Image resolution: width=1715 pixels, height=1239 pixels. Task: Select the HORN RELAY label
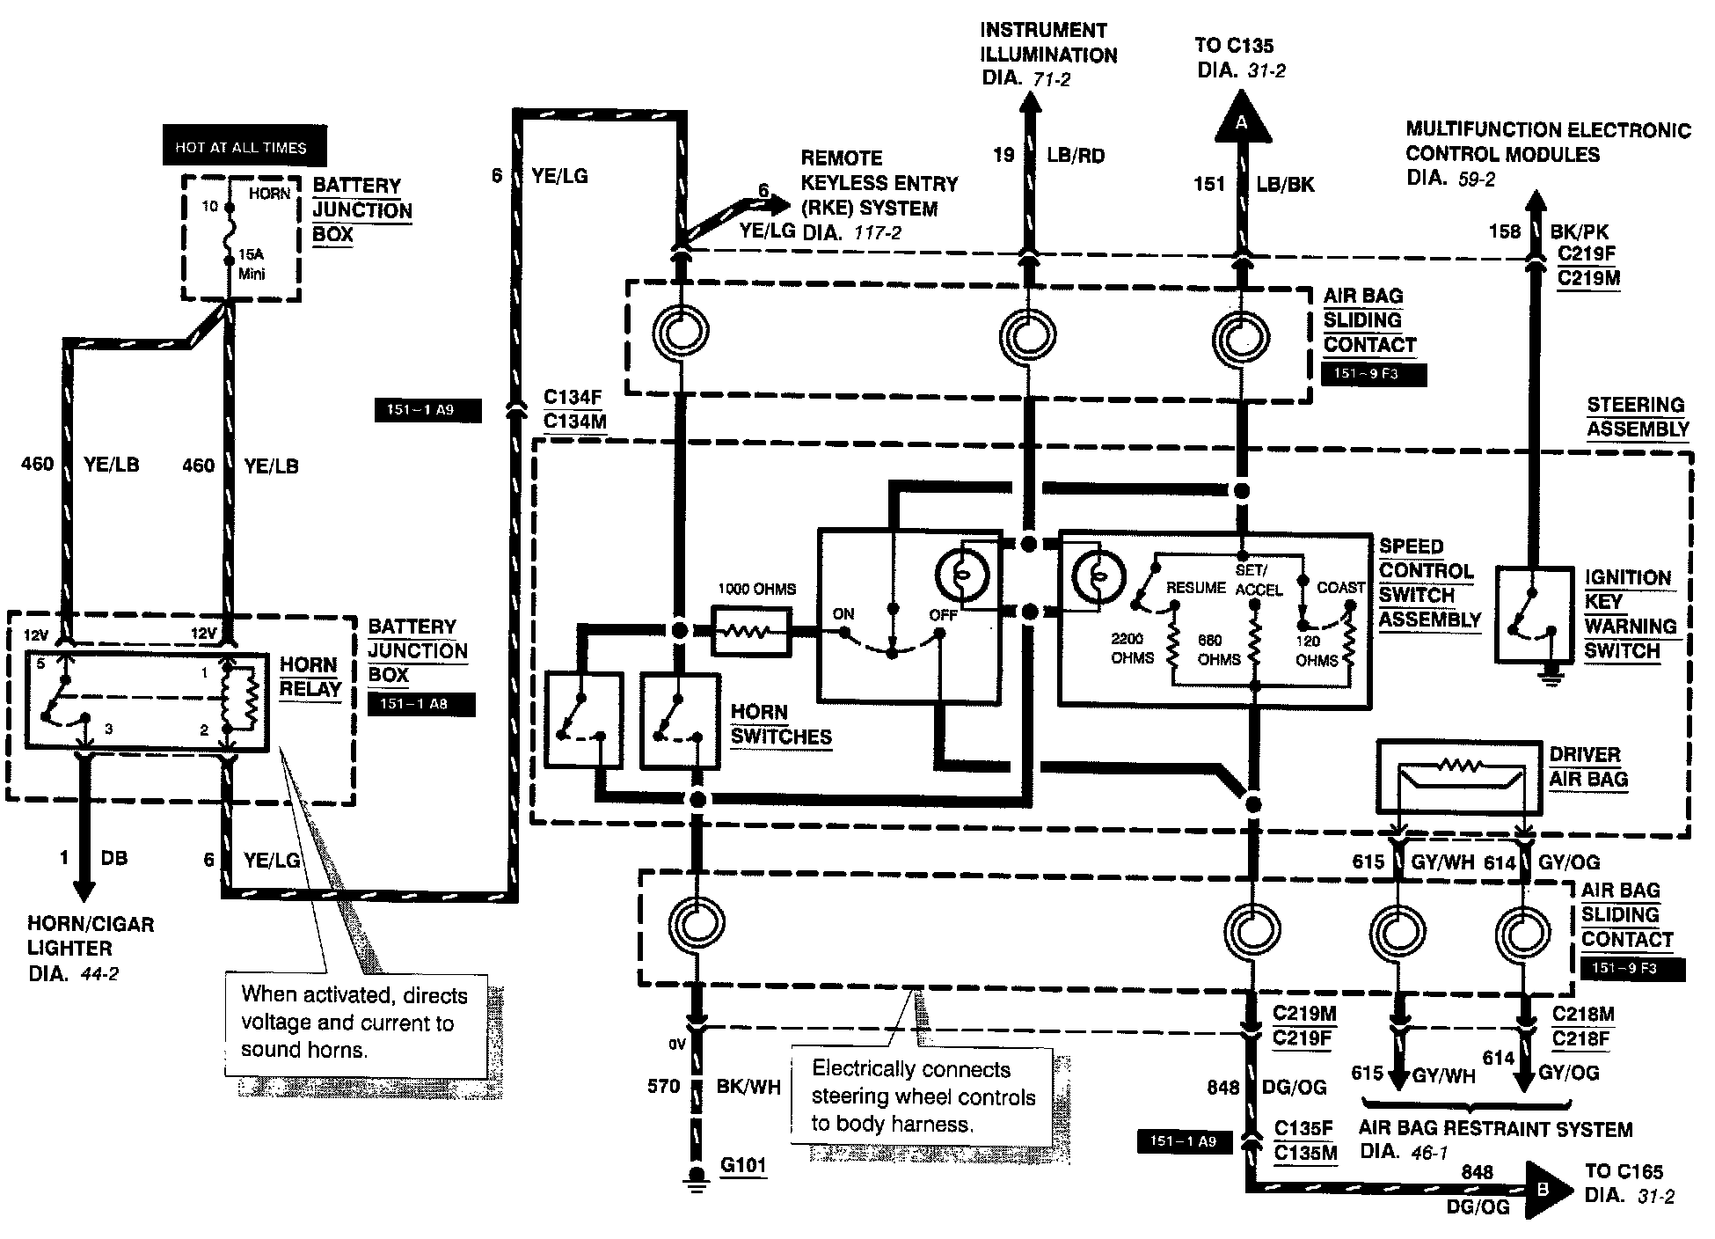[x=310, y=677]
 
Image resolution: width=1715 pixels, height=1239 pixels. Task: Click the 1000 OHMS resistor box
[x=750, y=631]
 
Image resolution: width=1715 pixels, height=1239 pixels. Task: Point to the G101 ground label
[x=743, y=1166]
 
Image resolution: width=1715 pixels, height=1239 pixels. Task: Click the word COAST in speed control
[x=1340, y=587]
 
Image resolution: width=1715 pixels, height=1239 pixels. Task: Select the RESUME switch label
[x=1195, y=587]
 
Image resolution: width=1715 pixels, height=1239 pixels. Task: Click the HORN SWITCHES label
[x=780, y=724]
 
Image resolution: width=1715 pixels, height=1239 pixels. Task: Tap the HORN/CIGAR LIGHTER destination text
[x=90, y=949]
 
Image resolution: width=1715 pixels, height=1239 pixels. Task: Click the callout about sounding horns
[x=355, y=1023]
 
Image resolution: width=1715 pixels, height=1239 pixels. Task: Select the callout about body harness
[x=922, y=1096]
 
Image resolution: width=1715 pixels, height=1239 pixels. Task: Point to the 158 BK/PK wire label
[x=1548, y=231]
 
